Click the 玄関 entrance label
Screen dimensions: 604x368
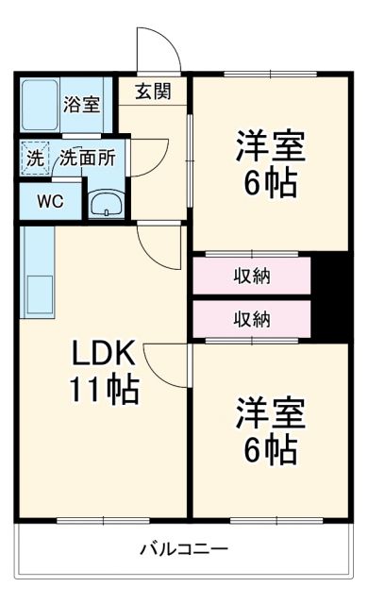[x=153, y=92]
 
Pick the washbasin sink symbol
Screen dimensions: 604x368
[x=105, y=203]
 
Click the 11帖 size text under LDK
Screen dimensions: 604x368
[x=104, y=388]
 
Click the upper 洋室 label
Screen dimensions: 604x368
[x=268, y=147]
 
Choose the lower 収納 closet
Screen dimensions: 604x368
[x=252, y=320]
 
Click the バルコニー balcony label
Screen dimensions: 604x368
[x=184, y=548]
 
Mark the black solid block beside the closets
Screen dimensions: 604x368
[x=332, y=296]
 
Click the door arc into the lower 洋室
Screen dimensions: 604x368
[x=168, y=363]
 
